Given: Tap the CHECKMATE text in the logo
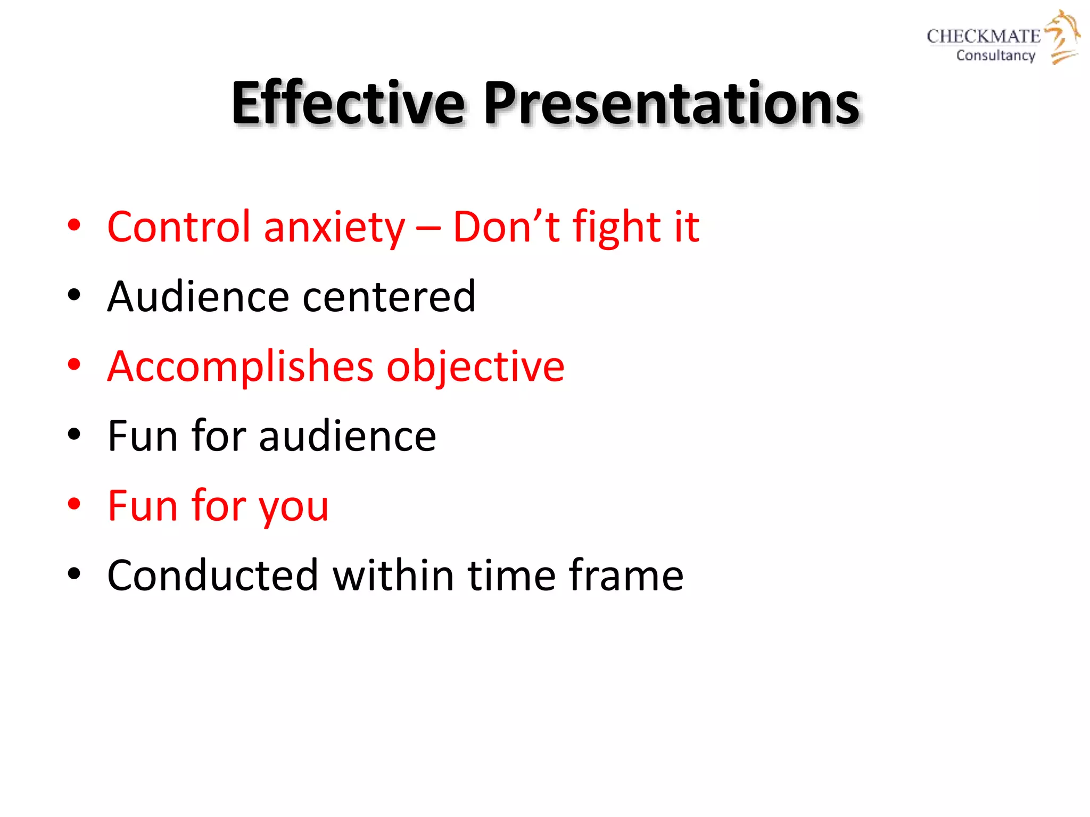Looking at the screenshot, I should tap(983, 36).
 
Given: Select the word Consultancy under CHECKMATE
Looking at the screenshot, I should tap(995, 55).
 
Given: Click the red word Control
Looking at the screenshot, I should tap(179, 227).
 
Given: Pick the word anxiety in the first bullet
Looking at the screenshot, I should tap(334, 229).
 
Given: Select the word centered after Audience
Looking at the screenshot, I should tap(389, 297).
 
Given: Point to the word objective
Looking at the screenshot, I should tap(475, 367).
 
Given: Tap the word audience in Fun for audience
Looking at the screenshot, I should tap(348, 437).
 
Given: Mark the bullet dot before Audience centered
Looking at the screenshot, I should tap(74, 295).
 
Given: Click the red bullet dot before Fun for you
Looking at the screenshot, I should tap(74, 504).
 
